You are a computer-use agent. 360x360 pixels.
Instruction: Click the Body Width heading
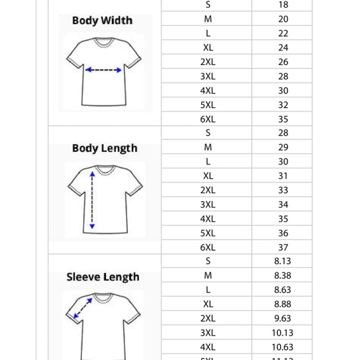coord(102,20)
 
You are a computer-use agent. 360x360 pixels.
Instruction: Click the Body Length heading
coord(104,148)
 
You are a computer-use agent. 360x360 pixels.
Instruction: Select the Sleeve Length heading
coord(103,277)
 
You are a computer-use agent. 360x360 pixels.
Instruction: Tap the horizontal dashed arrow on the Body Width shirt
coord(104,70)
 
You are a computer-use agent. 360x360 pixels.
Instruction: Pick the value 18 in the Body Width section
coord(283,5)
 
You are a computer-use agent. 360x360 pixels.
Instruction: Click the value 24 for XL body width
coord(283,48)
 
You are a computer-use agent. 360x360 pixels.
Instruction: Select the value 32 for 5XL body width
coord(283,105)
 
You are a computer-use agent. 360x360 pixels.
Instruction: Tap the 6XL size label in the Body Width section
coord(208,119)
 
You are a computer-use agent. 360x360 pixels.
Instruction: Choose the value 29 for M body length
coord(283,148)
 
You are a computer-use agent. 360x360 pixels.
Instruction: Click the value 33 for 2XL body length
coord(283,191)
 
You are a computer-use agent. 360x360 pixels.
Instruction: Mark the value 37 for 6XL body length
coord(283,247)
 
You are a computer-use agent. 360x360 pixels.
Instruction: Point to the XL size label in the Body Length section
coord(208,176)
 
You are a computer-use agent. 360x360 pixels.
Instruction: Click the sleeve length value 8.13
coord(282,261)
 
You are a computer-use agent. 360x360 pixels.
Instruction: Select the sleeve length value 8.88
coord(282,304)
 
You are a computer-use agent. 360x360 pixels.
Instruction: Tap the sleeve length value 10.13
coord(282,333)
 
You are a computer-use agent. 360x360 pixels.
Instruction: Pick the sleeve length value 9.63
coord(282,318)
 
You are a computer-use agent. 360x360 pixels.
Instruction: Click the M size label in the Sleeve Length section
coord(208,276)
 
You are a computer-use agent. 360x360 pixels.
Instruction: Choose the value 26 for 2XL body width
coord(283,62)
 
